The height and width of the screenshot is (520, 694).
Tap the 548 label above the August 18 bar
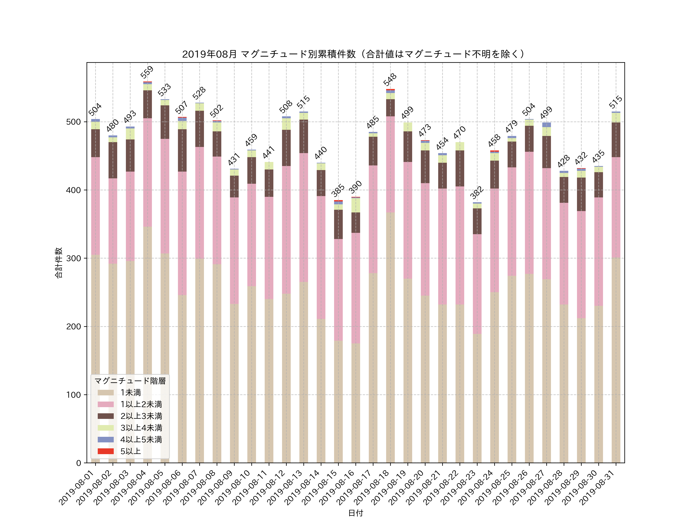(x=390, y=80)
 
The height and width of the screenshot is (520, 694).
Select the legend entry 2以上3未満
(x=141, y=416)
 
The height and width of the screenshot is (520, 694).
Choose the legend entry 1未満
(x=131, y=393)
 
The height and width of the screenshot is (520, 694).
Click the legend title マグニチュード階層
(x=130, y=381)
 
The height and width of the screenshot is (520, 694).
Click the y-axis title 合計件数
(x=59, y=263)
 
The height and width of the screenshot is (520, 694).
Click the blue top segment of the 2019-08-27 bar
(x=547, y=125)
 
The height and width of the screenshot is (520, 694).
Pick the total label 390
(x=355, y=187)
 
